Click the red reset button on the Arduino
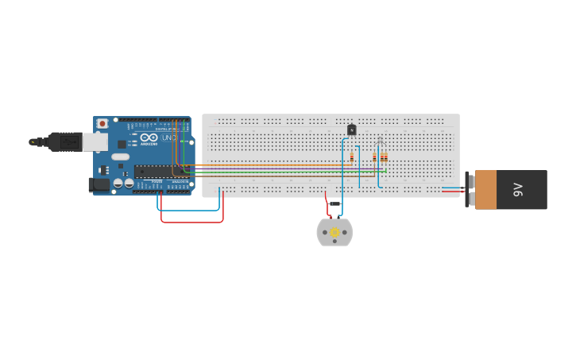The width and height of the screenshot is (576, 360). [x=102, y=123]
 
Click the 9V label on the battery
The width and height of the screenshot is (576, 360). [x=518, y=189]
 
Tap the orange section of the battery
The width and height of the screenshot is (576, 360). [x=485, y=189]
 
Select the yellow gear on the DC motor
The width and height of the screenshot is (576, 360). [x=334, y=232]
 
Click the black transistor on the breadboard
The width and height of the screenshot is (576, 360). [x=351, y=130]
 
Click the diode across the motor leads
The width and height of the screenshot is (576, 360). [x=334, y=203]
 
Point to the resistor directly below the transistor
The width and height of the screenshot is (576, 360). [x=352, y=157]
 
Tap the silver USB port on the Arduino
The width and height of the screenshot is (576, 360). [x=95, y=141]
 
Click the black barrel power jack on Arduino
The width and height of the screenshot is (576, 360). [x=99, y=184]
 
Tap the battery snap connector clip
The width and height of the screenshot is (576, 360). [x=470, y=189]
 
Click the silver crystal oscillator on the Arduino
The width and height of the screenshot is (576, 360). [x=121, y=157]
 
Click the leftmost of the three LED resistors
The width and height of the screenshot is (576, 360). [x=374, y=157]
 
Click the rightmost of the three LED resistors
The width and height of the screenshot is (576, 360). [x=385, y=157]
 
